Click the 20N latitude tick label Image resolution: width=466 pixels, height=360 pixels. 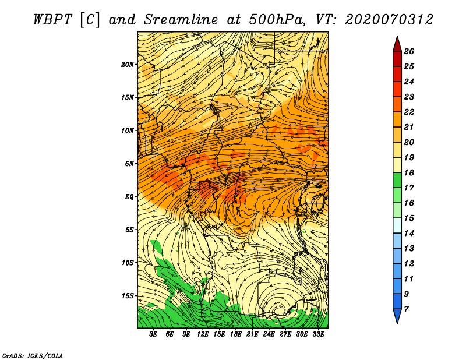(x=128, y=65)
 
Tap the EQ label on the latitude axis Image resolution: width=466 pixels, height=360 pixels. (x=129, y=197)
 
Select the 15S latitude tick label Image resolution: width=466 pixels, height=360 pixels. (x=128, y=296)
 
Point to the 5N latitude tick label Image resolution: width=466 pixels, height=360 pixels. (x=129, y=164)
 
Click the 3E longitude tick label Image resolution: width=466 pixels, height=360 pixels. (x=153, y=334)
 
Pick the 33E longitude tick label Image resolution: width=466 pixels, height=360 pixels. (x=318, y=334)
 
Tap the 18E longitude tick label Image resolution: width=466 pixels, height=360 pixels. (x=235, y=334)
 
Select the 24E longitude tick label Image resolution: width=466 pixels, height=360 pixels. (x=269, y=334)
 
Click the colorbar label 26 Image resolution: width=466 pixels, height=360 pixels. (x=409, y=51)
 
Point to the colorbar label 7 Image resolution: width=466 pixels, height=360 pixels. (x=406, y=309)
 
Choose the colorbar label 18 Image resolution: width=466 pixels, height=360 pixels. (x=409, y=172)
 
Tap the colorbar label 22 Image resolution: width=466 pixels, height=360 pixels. (x=409, y=112)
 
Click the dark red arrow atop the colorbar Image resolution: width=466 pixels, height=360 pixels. (x=397, y=44)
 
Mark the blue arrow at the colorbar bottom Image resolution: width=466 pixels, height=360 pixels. (x=397, y=316)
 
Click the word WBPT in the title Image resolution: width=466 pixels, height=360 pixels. (x=52, y=20)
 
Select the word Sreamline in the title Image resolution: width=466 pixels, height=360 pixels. (x=181, y=20)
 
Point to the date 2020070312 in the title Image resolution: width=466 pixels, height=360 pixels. (x=389, y=20)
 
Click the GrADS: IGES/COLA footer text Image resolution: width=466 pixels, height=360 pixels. (x=33, y=355)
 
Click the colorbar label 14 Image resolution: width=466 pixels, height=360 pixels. (x=409, y=234)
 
